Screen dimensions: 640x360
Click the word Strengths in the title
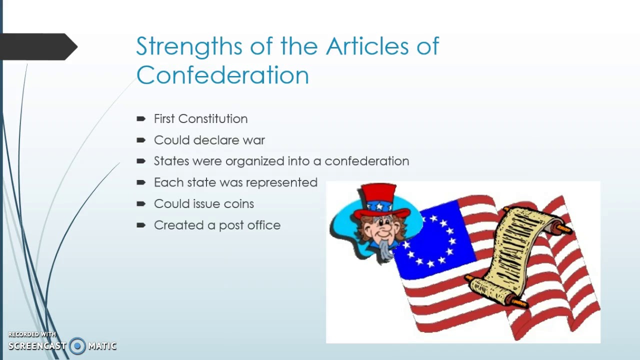coord(189,46)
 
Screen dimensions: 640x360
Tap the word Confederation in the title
coord(222,74)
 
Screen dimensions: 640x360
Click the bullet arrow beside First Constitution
coord(141,118)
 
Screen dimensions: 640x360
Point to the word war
coord(253,140)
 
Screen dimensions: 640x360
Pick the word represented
coord(281,182)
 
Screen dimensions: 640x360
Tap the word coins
coord(239,203)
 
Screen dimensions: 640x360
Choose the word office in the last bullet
coord(264,225)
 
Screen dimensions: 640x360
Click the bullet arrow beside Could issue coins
coord(141,203)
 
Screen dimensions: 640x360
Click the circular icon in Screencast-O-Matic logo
coord(77,346)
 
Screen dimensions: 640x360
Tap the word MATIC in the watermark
coord(102,346)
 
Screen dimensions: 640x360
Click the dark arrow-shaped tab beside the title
coord(38,46)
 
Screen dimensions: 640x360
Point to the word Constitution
coord(213,119)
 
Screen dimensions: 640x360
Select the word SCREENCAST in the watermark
coord(37,346)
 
